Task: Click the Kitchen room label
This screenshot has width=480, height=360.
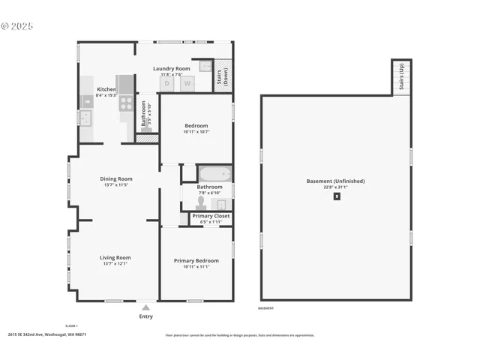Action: click(x=106, y=89)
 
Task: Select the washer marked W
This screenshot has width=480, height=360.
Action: click(x=187, y=83)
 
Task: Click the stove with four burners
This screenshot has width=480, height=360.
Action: click(x=126, y=104)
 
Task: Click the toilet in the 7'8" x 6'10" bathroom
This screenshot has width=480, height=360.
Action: click(x=200, y=202)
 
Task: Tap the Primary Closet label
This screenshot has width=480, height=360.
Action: click(x=211, y=216)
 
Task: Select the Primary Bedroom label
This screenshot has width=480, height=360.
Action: click(x=196, y=260)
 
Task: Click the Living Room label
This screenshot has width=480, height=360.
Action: click(x=115, y=257)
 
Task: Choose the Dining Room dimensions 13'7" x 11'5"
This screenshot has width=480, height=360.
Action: click(x=116, y=184)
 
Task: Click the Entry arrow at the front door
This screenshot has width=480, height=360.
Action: click(x=145, y=307)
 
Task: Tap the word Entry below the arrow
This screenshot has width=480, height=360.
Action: click(x=145, y=316)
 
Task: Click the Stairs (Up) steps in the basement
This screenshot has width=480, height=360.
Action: click(x=401, y=77)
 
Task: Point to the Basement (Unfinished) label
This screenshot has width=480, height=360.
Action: click(x=336, y=181)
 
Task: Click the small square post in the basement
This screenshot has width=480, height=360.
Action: click(x=337, y=196)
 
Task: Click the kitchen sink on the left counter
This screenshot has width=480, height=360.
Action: click(x=85, y=118)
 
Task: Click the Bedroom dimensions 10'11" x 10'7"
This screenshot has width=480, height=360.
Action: click(x=196, y=131)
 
